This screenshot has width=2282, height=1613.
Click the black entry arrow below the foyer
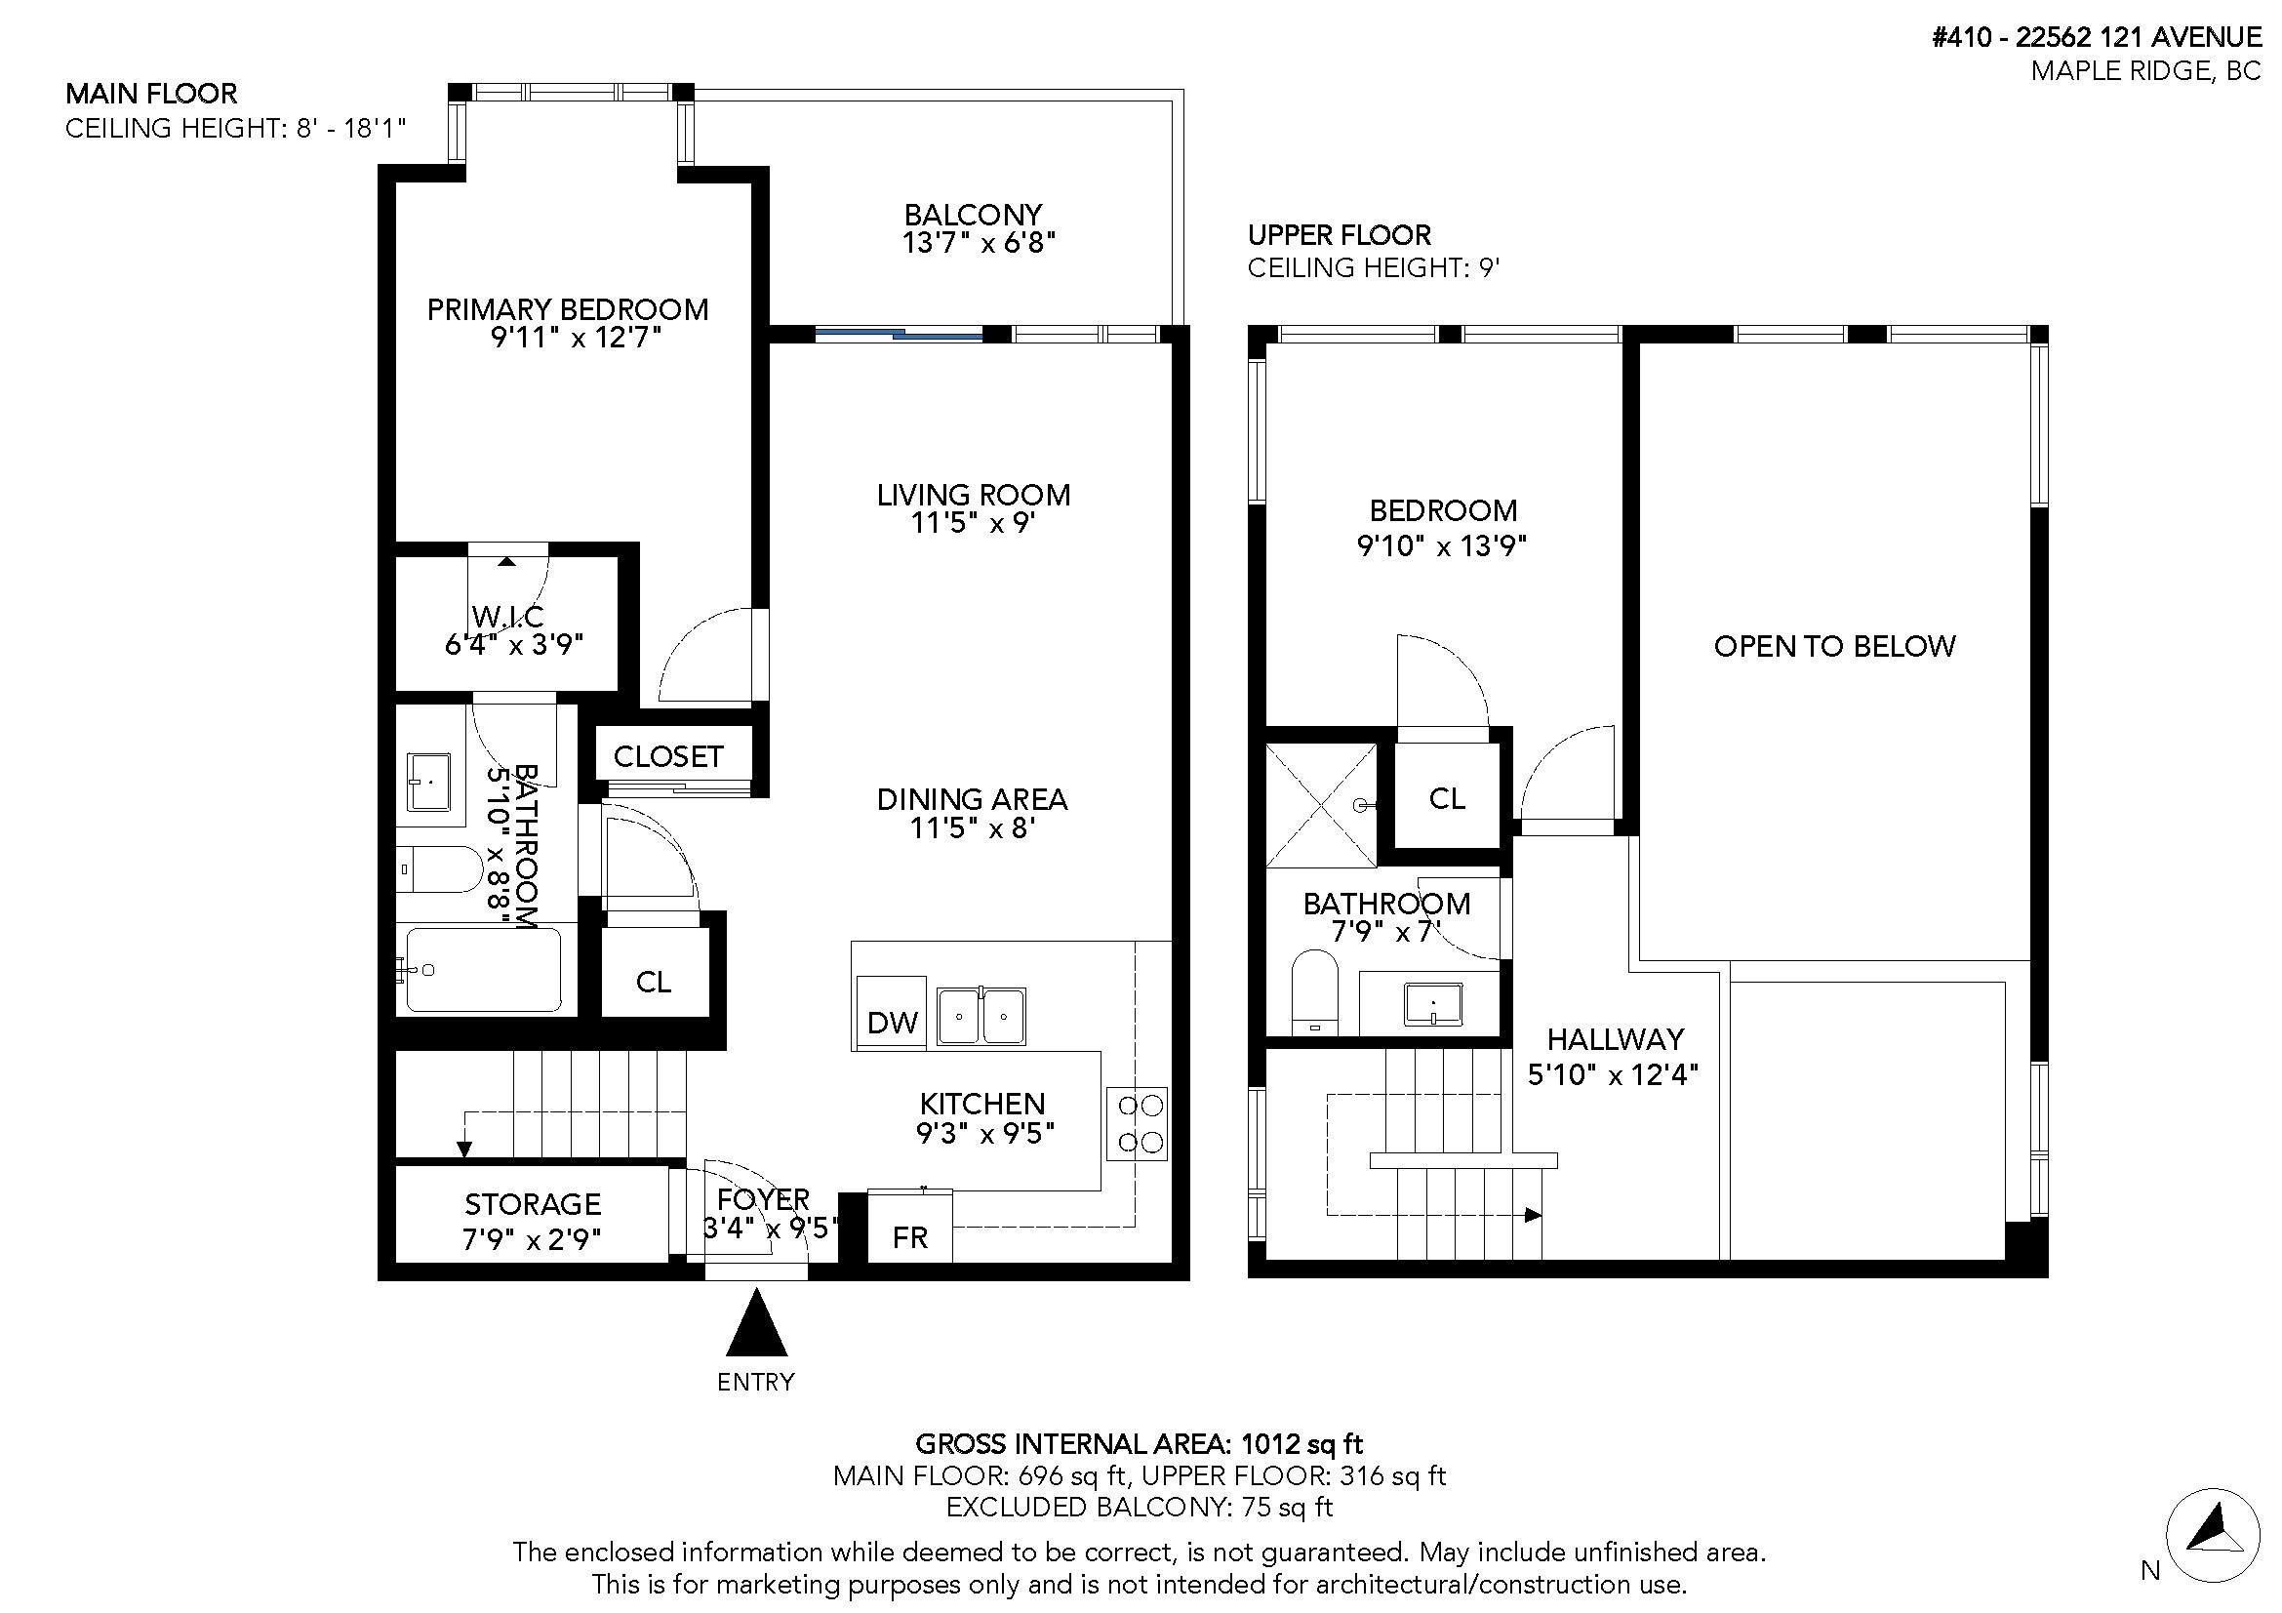756,1325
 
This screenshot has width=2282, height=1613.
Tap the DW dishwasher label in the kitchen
892,1023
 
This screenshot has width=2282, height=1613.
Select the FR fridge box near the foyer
909,1237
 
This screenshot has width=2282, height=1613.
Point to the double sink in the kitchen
981,1016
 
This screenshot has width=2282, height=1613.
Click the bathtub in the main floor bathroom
483,970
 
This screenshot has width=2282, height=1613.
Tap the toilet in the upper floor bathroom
1315,989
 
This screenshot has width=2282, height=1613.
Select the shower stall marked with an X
1322,805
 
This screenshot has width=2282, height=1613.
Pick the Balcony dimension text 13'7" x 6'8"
978,243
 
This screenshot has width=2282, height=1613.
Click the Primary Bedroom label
568,309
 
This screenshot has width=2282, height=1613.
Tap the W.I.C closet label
508,617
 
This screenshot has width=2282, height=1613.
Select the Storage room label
532,1204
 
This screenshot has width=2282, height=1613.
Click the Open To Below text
1834,647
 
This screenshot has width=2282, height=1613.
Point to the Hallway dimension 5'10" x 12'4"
1612,1074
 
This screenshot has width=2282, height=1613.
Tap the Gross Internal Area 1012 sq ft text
1138,1443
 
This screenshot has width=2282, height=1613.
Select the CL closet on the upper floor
1446,798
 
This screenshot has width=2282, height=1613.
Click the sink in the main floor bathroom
429,783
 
